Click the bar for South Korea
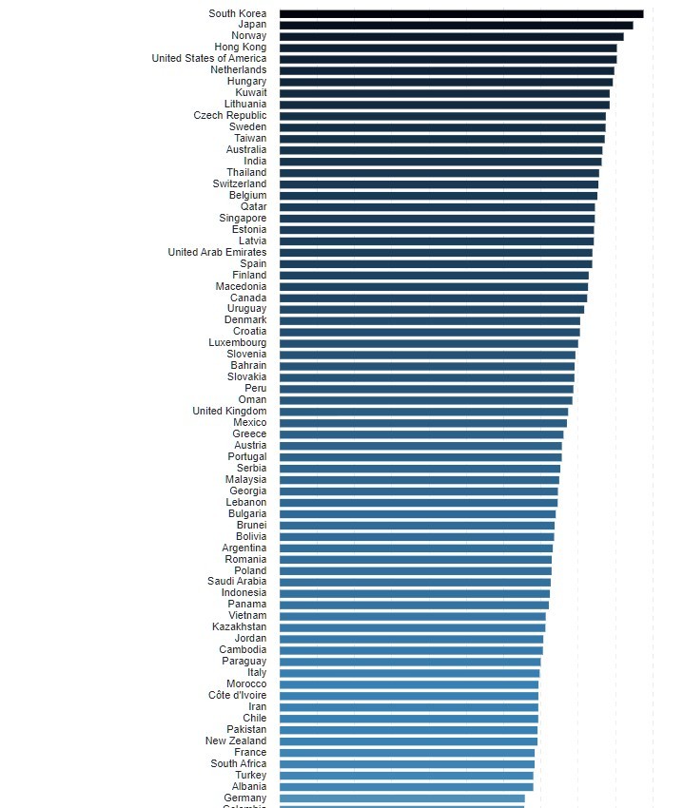coord(461,13)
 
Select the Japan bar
coord(456,25)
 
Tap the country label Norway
coord(248,36)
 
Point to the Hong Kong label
coord(240,48)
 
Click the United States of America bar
coord(448,59)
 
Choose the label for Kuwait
coord(251,93)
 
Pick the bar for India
coord(440,162)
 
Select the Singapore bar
coord(437,219)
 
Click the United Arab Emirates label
coord(217,253)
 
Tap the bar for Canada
coord(433,298)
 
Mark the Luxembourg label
coord(238,342)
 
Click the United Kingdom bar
coord(423,411)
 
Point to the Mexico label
coord(249,422)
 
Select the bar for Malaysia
coord(419,479)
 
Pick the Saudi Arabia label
coord(237,581)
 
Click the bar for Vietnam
coord(412,615)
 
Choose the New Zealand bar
coord(408,741)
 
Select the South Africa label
coord(239,763)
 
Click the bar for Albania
coord(406,786)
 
